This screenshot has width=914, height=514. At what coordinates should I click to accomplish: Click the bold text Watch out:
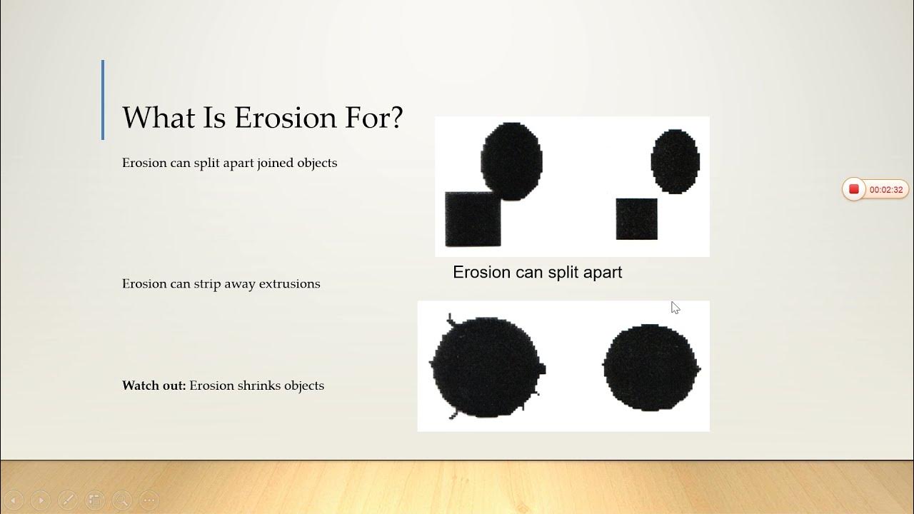pyautogui.click(x=154, y=385)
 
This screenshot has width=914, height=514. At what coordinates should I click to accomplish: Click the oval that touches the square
pyautogui.click(x=511, y=161)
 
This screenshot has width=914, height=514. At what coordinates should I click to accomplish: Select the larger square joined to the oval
pyautogui.click(x=473, y=219)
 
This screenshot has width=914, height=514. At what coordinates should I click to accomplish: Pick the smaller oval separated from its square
pyautogui.click(x=675, y=161)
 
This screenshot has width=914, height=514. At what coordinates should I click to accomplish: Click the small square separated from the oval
pyautogui.click(x=636, y=219)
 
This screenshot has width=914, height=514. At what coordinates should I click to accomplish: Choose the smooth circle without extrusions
pyautogui.click(x=651, y=368)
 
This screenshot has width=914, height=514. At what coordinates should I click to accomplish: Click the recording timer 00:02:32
pyautogui.click(x=885, y=190)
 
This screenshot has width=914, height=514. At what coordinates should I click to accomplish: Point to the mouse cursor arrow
pyautogui.click(x=675, y=307)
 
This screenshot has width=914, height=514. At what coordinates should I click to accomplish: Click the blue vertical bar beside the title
pyautogui.click(x=103, y=100)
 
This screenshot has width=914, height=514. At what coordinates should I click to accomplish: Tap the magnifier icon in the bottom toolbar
pyautogui.click(x=121, y=500)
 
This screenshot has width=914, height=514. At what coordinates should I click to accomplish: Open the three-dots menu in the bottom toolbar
pyautogui.click(x=149, y=500)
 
